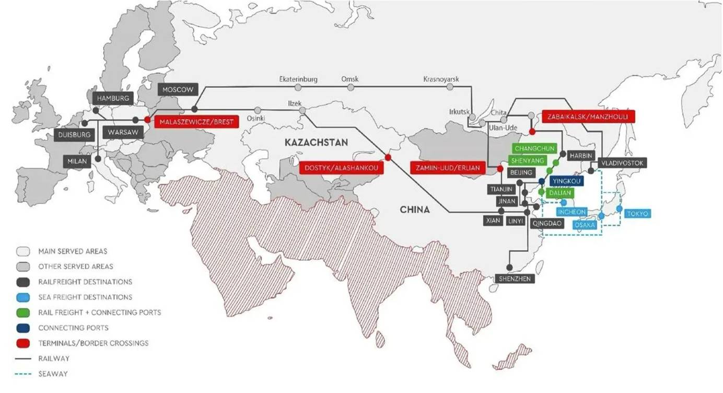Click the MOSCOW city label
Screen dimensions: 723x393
[x=178, y=89]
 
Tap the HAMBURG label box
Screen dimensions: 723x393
[x=113, y=98]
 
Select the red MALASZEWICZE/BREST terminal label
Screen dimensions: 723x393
[x=196, y=122]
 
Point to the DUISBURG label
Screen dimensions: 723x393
[x=74, y=135]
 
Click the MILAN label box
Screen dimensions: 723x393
[x=77, y=161]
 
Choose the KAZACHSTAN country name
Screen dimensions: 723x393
[x=317, y=142]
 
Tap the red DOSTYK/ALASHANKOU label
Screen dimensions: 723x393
[x=341, y=168]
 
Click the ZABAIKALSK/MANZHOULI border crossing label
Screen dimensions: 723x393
[x=588, y=117]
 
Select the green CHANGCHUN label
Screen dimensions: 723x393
[x=534, y=148]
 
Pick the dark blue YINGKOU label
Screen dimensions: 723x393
[x=566, y=181]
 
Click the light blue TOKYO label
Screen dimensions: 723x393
[x=637, y=213]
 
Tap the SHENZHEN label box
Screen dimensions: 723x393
[x=515, y=279]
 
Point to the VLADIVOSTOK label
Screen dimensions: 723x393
[x=622, y=163]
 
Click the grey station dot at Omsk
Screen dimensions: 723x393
[x=351, y=87]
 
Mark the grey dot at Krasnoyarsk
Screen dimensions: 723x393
[x=450, y=87]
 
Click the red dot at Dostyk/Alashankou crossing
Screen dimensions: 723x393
[x=388, y=158]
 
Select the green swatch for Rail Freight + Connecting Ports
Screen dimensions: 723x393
[x=23, y=313]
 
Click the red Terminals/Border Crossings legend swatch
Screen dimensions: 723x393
[x=23, y=343]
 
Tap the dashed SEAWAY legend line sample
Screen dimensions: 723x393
[x=23, y=374]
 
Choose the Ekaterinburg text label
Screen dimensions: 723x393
[x=298, y=79]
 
